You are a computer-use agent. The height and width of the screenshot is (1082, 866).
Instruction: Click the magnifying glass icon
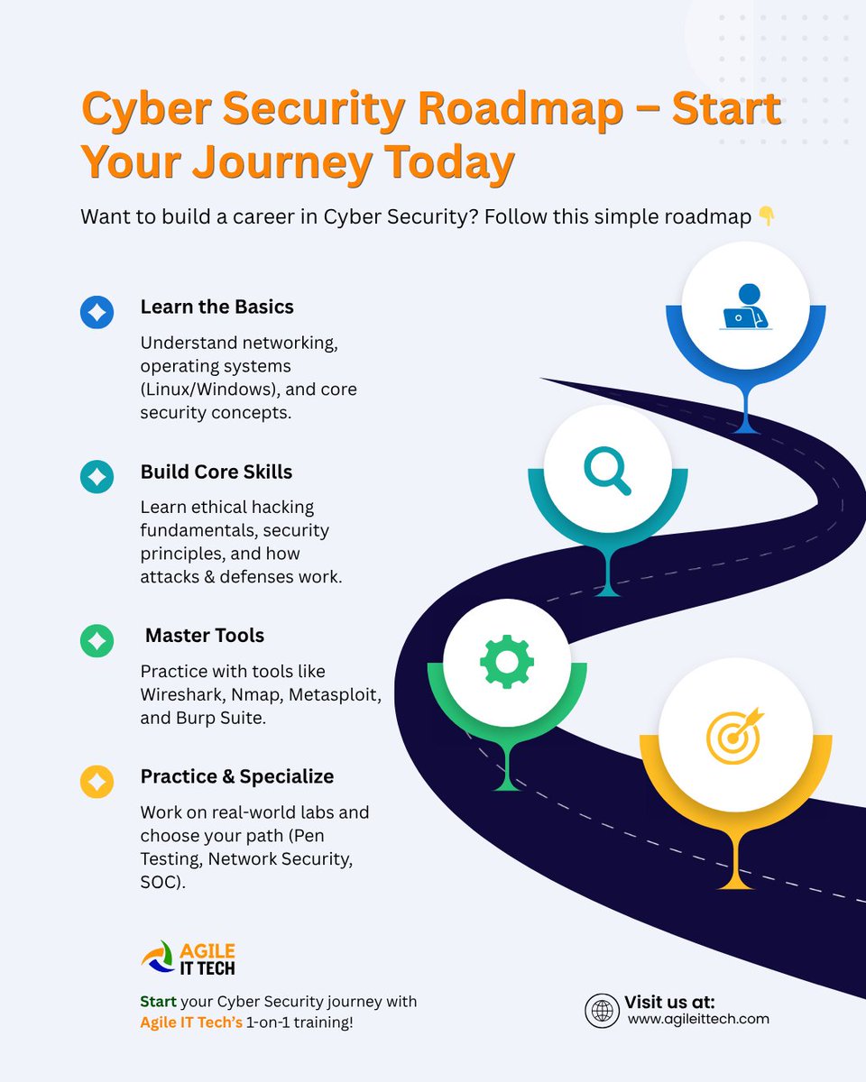607,471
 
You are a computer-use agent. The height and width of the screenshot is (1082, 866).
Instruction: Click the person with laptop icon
745,307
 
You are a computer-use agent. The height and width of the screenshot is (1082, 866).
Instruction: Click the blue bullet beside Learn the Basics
97,312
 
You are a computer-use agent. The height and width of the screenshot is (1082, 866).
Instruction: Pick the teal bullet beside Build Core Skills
97,477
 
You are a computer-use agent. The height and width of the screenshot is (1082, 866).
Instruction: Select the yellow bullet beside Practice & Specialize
97,781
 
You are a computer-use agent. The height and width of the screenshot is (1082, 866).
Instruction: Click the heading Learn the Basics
216,307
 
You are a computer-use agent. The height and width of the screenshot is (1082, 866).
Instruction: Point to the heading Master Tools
205,636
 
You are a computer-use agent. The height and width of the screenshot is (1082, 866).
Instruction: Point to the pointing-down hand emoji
766,217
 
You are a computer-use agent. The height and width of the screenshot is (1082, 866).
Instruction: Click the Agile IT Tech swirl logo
158,958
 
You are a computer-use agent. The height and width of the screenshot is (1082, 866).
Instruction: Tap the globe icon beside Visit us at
601,1010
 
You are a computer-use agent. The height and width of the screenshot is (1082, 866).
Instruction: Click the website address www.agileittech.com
698,1019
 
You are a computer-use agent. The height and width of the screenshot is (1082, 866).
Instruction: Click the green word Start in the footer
158,1002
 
